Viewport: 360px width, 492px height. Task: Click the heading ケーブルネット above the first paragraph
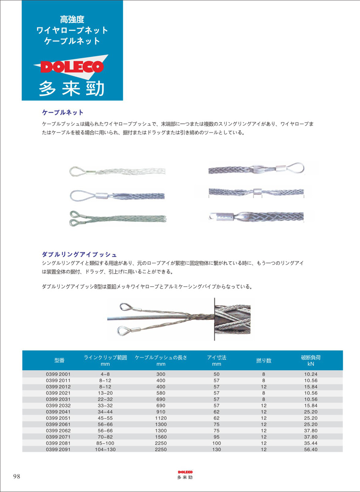pos(63,112)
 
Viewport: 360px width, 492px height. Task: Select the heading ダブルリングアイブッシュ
pos(79,254)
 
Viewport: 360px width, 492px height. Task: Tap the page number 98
pos(17,476)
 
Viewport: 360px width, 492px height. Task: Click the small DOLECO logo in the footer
pos(185,472)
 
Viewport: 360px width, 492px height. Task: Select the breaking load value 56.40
pos(310,450)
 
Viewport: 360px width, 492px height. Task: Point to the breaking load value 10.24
pos(310,374)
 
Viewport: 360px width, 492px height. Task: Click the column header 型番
pos(59,360)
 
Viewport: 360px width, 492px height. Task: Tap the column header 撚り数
pos(264,360)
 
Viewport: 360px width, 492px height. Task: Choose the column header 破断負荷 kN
pos(310,360)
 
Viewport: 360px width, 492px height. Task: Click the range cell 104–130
pos(105,450)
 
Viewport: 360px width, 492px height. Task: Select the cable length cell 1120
pos(161,418)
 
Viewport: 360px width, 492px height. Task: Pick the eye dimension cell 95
pos(216,437)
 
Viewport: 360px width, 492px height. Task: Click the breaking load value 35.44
pos(310,443)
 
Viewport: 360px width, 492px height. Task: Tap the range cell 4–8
pos(105,374)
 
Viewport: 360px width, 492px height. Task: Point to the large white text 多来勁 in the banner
pos(72,89)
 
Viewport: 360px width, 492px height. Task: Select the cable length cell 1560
pos(161,437)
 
